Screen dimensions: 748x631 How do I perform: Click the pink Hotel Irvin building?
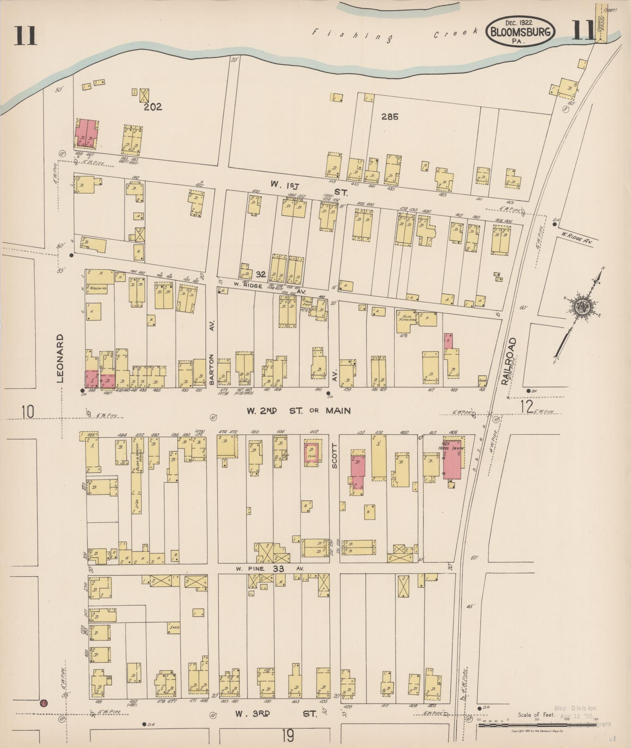[452, 459]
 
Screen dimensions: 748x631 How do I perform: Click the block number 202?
[153, 107]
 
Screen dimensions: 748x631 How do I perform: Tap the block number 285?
[390, 117]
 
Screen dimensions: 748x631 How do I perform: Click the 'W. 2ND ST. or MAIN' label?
[298, 411]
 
